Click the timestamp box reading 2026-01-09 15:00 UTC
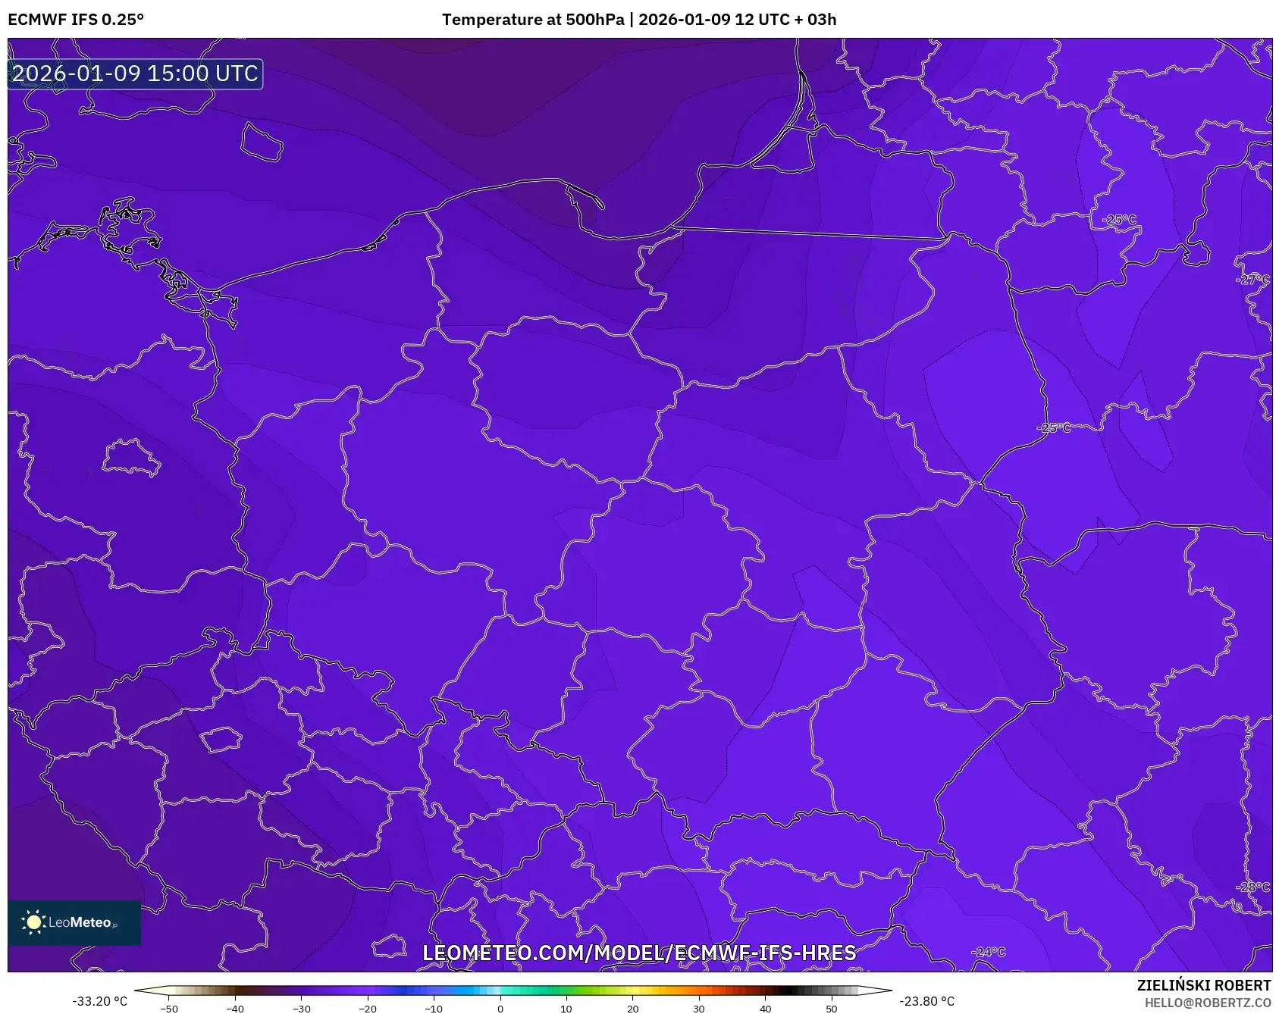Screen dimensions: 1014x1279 pyautogui.click(x=135, y=74)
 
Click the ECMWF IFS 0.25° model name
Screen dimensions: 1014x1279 pyautogui.click(x=76, y=20)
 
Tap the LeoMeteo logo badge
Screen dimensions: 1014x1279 pyautogui.click(x=74, y=922)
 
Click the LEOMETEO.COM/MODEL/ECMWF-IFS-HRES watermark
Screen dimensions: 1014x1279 pyautogui.click(x=639, y=953)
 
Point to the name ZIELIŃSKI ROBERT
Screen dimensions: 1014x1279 pyautogui.click(x=1203, y=985)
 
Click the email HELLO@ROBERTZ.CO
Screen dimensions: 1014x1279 pyautogui.click(x=1207, y=1003)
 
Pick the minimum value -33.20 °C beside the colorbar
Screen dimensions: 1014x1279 pyautogui.click(x=99, y=1001)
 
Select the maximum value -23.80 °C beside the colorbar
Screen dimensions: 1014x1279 pyautogui.click(x=926, y=1001)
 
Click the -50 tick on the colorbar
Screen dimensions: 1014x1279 pyautogui.click(x=169, y=1009)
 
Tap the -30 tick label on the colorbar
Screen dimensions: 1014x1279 pyautogui.click(x=302, y=1009)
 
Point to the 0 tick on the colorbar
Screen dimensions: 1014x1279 pyautogui.click(x=500, y=1009)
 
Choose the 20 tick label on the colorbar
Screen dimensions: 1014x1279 pyautogui.click(x=632, y=1009)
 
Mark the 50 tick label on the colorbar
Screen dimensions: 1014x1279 pyautogui.click(x=831, y=1009)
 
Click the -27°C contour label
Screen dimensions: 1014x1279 pyautogui.click(x=1252, y=280)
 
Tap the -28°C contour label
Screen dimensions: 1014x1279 pyautogui.click(x=1252, y=887)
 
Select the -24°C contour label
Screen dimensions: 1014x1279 pyautogui.click(x=989, y=952)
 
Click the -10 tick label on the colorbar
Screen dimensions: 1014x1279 pyautogui.click(x=434, y=1009)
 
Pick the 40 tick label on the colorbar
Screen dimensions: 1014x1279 pyautogui.click(x=765, y=1009)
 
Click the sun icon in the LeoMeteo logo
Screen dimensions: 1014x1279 pyautogui.click(x=33, y=922)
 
